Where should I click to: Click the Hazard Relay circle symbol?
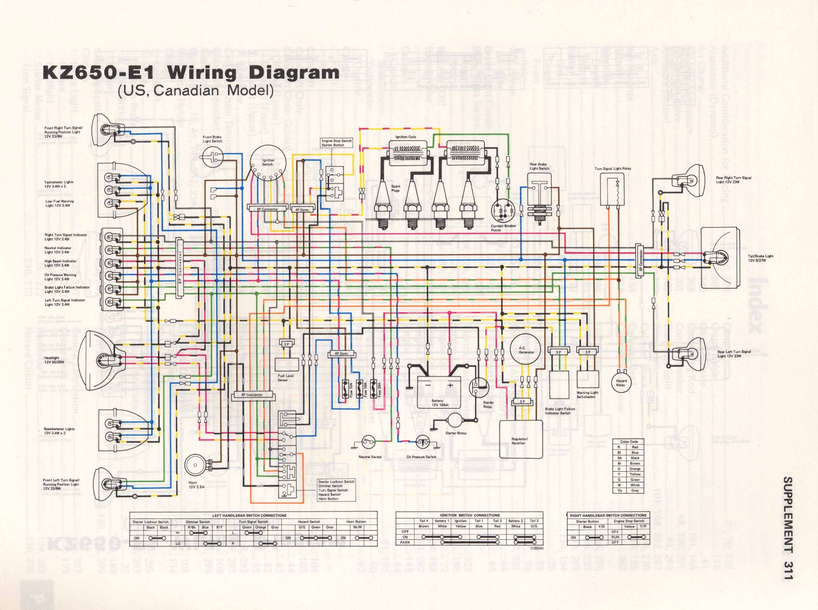(621, 382)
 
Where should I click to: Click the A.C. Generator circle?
(527, 350)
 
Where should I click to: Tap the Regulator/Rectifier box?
(520, 439)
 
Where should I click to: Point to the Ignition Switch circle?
(268, 163)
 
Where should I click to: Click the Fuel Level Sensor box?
(286, 364)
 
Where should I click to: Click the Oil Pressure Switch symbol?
(422, 443)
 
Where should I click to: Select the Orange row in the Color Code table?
(627, 469)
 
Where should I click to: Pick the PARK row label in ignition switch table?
(405, 542)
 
